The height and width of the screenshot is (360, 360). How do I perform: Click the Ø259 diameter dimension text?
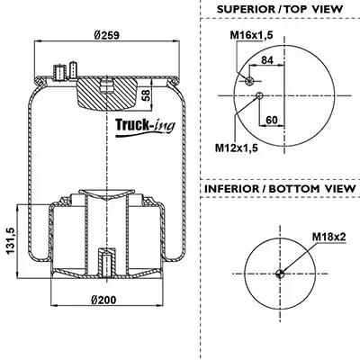click(x=106, y=35)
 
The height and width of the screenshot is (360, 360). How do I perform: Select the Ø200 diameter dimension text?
click(x=103, y=300)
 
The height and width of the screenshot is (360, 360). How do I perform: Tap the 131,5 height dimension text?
click(x=10, y=241)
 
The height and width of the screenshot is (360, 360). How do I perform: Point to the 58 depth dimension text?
click(x=146, y=94)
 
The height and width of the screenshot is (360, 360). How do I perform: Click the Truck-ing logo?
click(x=146, y=128)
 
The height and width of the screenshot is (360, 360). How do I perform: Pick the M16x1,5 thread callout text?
click(x=251, y=35)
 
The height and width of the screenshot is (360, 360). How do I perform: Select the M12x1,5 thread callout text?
click(x=237, y=148)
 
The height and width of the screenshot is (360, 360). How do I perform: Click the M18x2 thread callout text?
click(x=329, y=237)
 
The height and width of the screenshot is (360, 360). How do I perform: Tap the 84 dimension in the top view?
click(x=267, y=60)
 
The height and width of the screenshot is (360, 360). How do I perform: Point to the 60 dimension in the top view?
click(x=272, y=121)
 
